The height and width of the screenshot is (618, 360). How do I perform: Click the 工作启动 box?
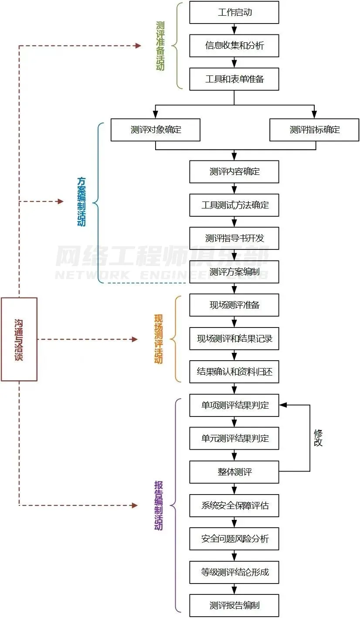(234, 12)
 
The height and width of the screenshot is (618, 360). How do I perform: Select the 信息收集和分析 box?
(234, 46)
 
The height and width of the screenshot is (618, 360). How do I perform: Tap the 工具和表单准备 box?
(234, 79)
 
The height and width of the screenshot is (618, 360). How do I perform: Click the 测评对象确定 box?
(155, 130)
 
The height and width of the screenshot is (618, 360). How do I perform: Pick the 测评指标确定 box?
(314, 130)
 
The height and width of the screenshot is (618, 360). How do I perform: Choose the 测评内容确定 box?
(234, 172)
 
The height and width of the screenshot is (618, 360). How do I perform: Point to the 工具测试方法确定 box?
(234, 205)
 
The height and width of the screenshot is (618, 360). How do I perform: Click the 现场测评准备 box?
(234, 305)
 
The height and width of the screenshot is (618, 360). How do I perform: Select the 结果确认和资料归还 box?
(234, 372)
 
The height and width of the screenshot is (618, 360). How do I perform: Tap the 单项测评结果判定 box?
(234, 406)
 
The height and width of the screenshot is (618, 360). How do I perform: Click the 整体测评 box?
(234, 472)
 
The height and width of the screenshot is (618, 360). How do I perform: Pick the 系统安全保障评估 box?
(234, 506)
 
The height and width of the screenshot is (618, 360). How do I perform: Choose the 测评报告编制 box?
(234, 606)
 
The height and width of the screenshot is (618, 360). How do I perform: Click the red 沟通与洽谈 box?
(19, 339)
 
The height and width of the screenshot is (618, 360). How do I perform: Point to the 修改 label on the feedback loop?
(318, 437)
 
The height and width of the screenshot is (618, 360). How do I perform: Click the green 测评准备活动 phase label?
(160, 46)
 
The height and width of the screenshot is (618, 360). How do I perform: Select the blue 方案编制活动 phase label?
(82, 201)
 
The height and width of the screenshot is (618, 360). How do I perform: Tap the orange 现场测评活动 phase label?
(159, 339)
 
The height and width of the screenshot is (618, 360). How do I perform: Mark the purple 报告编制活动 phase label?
(159, 505)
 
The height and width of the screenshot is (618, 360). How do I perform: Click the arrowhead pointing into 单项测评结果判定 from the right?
(283, 405)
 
